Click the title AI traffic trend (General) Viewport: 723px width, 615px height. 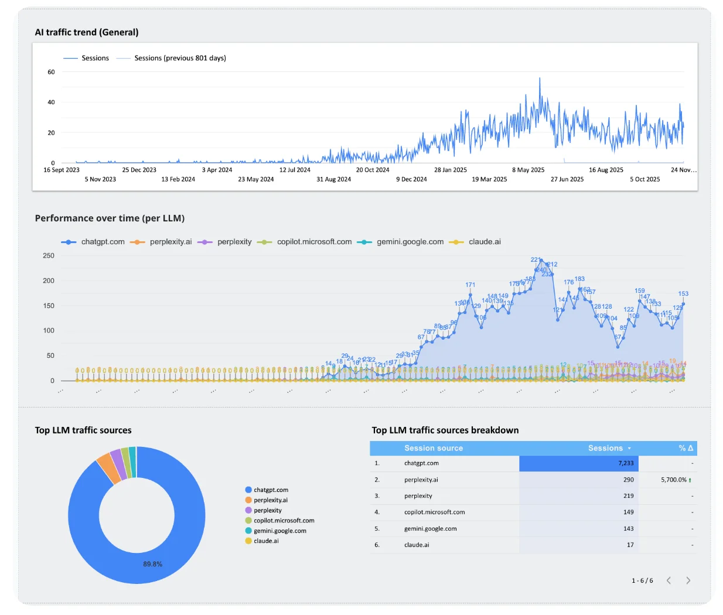tap(87, 32)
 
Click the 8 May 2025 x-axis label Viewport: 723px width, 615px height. tap(528, 170)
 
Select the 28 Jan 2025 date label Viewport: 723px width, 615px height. tap(450, 170)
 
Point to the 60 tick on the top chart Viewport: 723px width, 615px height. tap(51, 72)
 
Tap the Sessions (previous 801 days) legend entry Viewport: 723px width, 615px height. tap(179, 58)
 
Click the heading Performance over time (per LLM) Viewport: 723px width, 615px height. tap(110, 218)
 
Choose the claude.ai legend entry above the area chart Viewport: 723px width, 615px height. tap(484, 242)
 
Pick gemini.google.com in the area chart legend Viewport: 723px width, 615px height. tap(410, 242)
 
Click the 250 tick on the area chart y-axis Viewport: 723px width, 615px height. tap(49, 256)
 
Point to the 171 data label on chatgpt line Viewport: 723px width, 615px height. tap(470, 285)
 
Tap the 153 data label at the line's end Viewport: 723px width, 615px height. tap(683, 293)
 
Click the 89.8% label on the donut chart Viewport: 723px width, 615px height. tap(152, 564)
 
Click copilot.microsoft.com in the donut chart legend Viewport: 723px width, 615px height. tap(284, 521)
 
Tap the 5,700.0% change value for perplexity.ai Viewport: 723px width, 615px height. tap(673, 480)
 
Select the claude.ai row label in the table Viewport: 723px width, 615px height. tap(417, 545)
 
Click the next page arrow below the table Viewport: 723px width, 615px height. tap(688, 580)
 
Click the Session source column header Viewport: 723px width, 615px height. tap(433, 448)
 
